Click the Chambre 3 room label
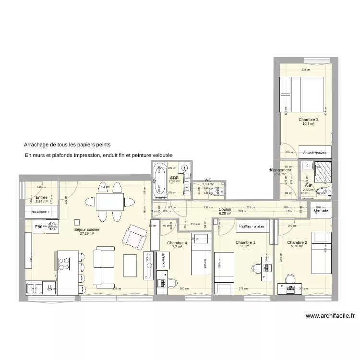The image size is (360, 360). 308,120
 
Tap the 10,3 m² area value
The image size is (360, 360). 308,124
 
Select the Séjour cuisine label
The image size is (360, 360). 87,229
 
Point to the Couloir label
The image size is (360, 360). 225,209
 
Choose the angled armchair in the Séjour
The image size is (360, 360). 135,237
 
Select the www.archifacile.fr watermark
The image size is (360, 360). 330,316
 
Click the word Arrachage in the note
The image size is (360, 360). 37,144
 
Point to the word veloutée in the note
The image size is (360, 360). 161,156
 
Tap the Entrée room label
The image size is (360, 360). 41,197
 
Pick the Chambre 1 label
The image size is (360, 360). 245,242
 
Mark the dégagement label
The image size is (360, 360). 280,170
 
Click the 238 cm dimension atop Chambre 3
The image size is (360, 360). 305,70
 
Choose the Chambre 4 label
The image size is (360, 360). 177,242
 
